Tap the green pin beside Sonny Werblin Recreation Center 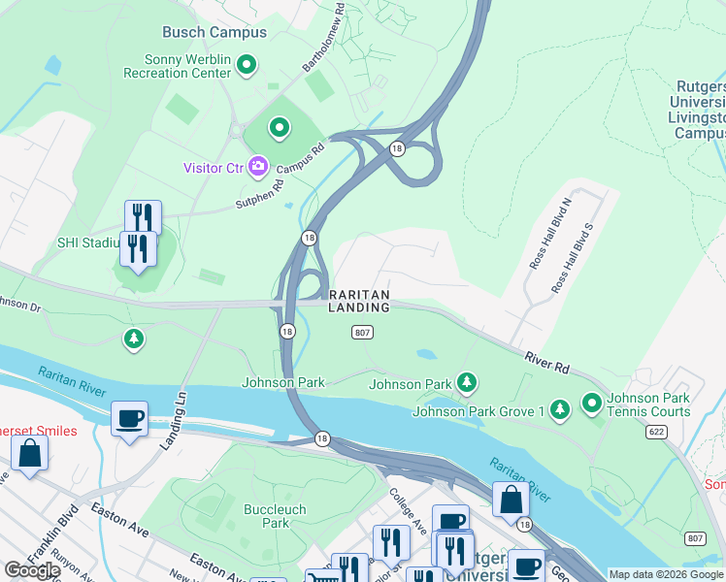(x=247, y=65)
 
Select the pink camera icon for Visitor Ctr (x=258, y=167)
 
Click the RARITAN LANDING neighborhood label (x=359, y=301)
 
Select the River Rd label (x=548, y=363)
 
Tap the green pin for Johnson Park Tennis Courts (x=591, y=401)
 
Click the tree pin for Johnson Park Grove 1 (x=559, y=410)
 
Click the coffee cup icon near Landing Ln (x=129, y=419)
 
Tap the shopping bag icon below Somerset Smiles (x=29, y=452)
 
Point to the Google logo (x=32, y=570)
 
